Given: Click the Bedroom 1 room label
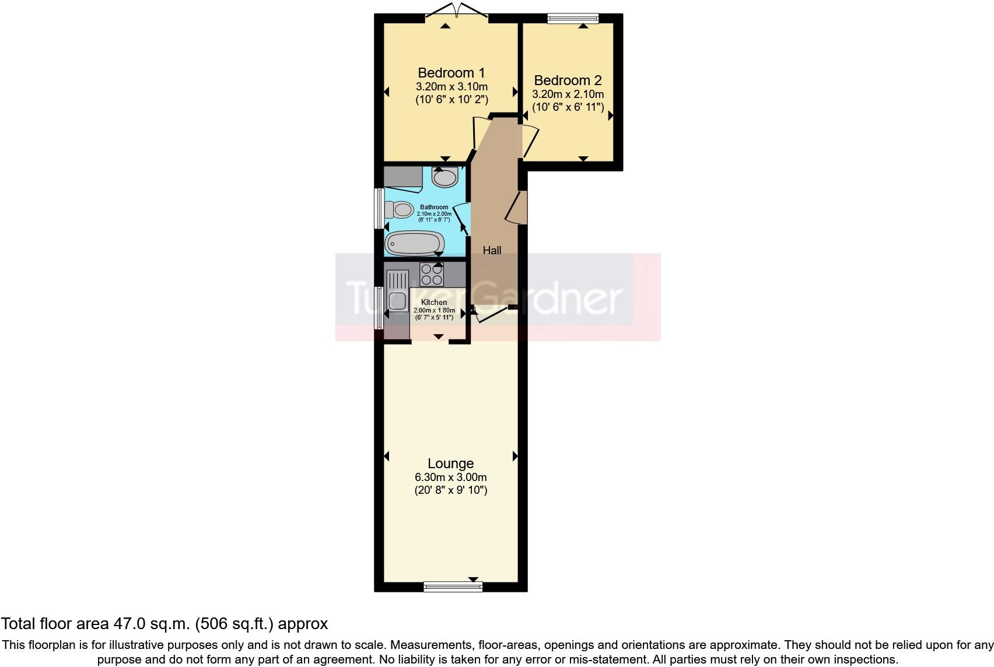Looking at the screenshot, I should (x=451, y=73).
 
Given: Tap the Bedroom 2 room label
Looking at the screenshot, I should (x=567, y=80).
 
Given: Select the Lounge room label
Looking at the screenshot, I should (x=450, y=464).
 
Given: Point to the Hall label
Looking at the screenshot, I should (x=492, y=250).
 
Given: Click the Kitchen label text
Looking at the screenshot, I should (x=434, y=302).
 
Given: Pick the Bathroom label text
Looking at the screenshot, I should (x=434, y=207).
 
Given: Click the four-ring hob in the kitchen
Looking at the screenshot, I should (x=432, y=274).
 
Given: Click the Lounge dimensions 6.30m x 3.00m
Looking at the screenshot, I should (x=450, y=478).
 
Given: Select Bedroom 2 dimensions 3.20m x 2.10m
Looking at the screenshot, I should (x=568, y=94).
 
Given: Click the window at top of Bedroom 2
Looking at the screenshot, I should (x=573, y=19).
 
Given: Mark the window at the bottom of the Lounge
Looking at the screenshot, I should (x=453, y=586).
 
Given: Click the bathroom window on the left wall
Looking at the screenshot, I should (x=379, y=208).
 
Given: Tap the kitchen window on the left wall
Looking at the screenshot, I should (x=379, y=307).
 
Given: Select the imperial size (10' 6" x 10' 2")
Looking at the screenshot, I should (x=452, y=100).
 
